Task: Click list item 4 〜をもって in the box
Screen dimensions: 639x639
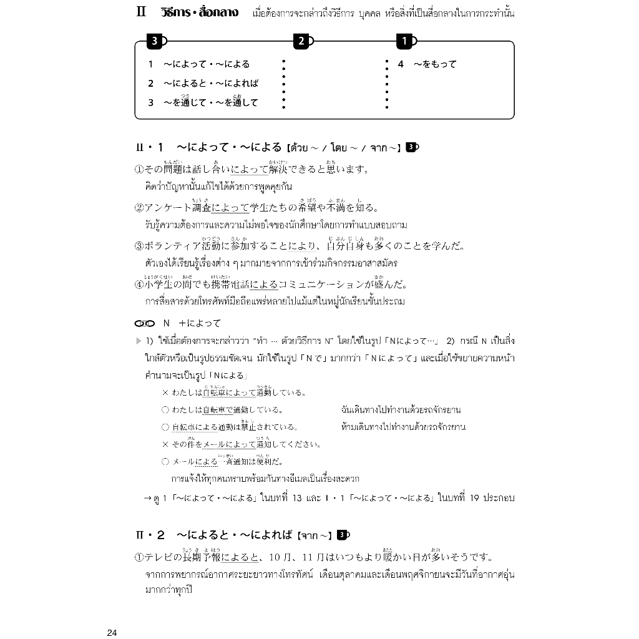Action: pos(427,64)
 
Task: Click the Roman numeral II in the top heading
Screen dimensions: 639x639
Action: pos(141,13)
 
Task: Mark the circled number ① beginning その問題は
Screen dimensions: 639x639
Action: pos(139,169)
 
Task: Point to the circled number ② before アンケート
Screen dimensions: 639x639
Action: pos(139,208)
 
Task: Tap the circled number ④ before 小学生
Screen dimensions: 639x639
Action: pos(139,285)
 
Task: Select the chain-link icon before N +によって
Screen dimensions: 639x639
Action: pos(144,323)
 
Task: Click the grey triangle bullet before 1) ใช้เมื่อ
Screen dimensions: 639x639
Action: pos(139,341)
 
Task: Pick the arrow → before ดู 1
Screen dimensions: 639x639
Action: pos(147,498)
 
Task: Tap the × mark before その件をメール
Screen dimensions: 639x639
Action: pos(165,444)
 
